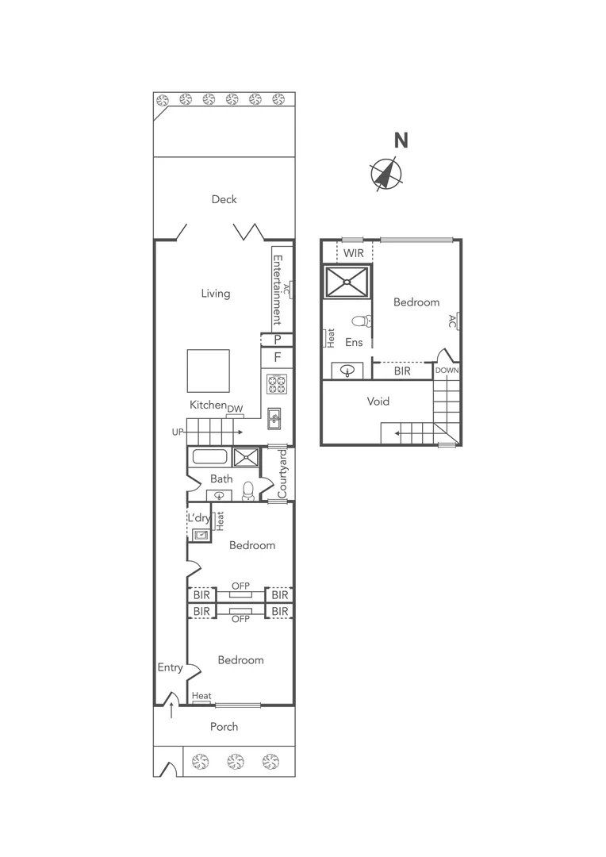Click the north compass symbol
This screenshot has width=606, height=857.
pos(385,174)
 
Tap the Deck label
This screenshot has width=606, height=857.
pos(224,199)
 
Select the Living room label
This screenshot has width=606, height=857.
pos(215,294)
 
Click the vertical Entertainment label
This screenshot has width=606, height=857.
pos(278,290)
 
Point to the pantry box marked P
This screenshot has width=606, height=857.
pos(277,340)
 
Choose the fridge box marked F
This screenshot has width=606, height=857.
pos(277,357)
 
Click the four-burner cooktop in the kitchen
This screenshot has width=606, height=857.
pos(276,384)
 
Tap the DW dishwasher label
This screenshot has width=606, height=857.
pos(235,409)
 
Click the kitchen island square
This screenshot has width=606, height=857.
pos(208,371)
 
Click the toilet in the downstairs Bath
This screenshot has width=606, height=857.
pos(248,490)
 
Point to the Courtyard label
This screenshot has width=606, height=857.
pos(282,475)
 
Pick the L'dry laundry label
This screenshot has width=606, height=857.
pos(198,517)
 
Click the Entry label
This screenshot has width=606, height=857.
pos(170,667)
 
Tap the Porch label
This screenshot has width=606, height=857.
pos(224,726)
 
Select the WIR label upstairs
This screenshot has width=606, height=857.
pos(353,253)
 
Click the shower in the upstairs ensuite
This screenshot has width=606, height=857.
pos(347,281)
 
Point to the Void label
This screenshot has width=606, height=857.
pos(378,402)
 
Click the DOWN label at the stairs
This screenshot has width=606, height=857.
pos(447,371)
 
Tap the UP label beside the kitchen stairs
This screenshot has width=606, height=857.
pos(178,432)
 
